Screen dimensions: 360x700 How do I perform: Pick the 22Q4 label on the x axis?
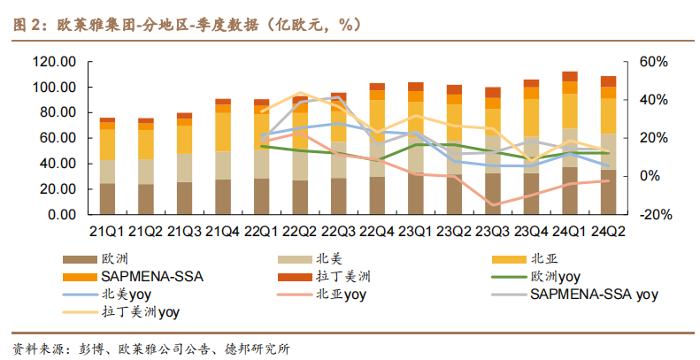[377, 232]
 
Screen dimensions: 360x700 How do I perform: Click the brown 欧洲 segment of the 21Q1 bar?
[107, 199]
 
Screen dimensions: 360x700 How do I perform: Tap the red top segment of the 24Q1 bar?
[570, 77]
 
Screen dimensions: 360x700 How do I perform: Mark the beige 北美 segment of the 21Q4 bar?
[223, 165]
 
